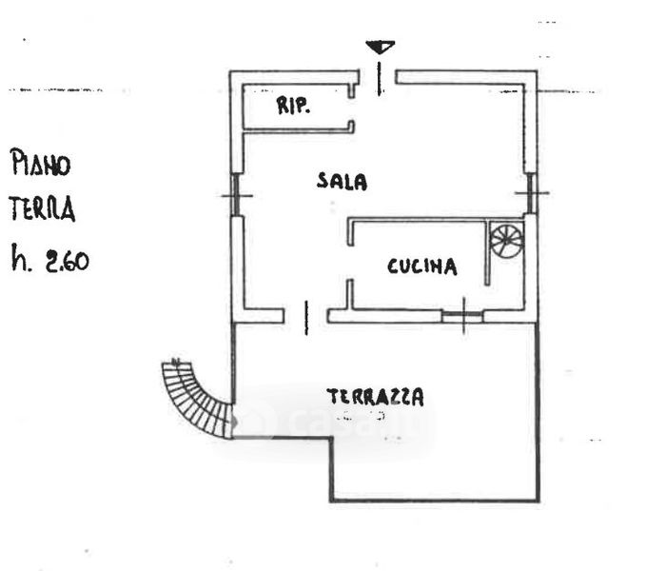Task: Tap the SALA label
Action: pos(343,182)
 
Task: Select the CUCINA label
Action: pos(421,267)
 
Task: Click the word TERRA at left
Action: pos(41,209)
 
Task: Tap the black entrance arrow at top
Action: pos(380,47)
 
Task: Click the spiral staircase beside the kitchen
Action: pos(506,241)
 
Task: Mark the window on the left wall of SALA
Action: pos(235,195)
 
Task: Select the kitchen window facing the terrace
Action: pos(463,316)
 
